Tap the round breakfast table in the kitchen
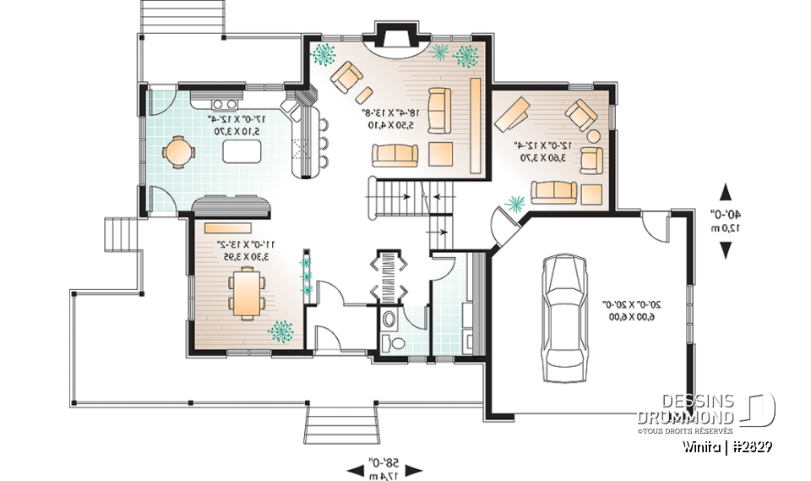click(x=178, y=152)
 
